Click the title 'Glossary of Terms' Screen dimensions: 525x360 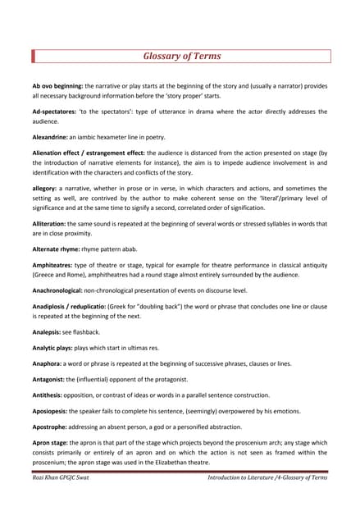tap(182, 57)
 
